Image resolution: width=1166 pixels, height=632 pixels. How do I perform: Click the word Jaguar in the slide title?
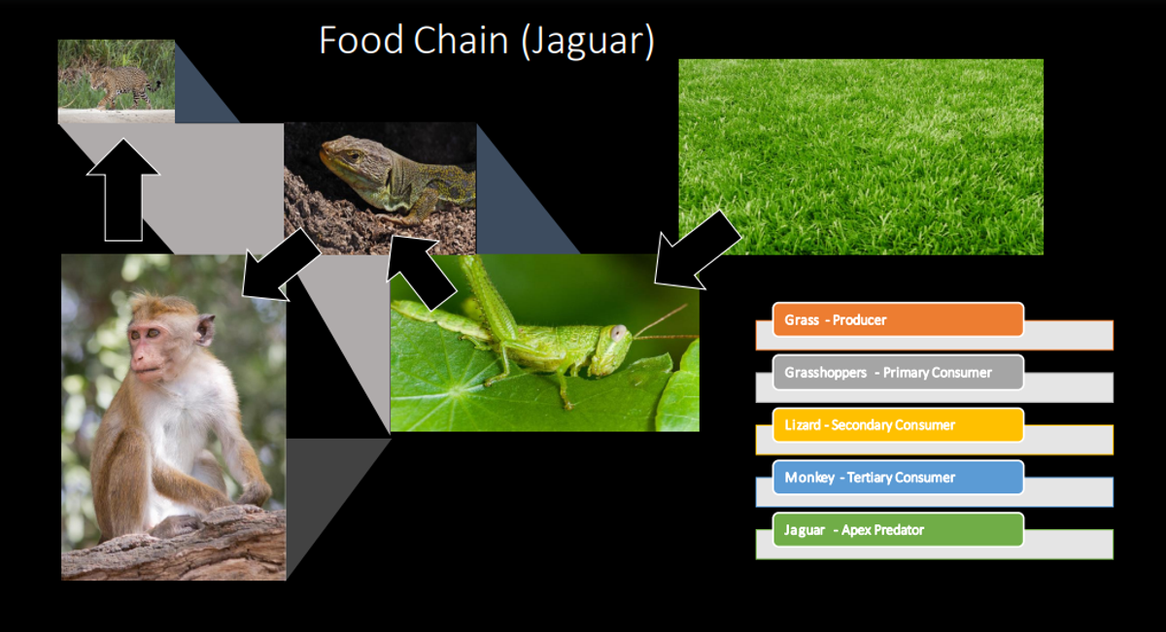pos(588,42)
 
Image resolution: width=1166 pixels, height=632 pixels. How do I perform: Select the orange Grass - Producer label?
pos(898,319)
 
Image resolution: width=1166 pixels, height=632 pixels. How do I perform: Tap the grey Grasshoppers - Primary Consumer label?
pos(898,373)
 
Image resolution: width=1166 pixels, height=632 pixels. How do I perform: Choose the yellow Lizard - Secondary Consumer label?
pos(898,425)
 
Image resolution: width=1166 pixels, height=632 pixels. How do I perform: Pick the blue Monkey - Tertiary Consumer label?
pos(898,478)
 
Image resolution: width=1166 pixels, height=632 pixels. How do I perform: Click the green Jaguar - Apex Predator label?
pos(898,530)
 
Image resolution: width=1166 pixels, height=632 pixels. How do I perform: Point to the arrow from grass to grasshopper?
pos(697,250)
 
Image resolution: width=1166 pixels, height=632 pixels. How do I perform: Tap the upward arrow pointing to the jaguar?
pos(123,190)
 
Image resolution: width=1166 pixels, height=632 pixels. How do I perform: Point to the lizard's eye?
pos(353,155)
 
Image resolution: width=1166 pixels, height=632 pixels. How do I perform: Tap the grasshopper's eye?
pos(619,332)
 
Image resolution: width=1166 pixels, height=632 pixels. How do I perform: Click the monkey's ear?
pos(205,329)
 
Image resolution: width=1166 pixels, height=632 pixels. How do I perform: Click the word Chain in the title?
pos(461,40)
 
